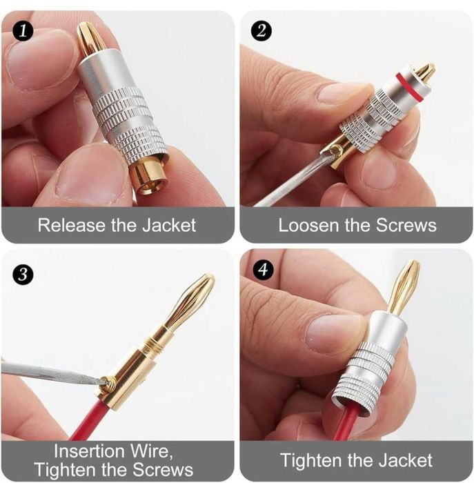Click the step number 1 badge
tap(23, 31)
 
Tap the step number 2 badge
tap(261, 31)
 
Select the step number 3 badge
tap(23, 274)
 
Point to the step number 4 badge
tap(263, 270)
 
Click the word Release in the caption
tap(72, 225)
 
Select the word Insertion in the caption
tap(89, 451)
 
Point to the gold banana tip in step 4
tap(403, 288)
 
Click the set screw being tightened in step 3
tap(108, 384)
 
